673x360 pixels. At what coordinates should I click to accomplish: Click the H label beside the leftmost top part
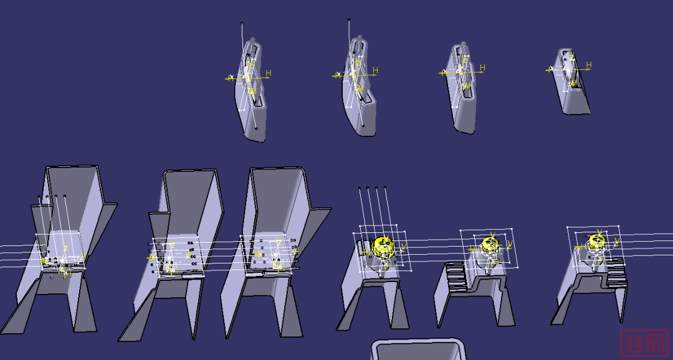pos(268,73)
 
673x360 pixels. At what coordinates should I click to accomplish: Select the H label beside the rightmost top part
pos(588,65)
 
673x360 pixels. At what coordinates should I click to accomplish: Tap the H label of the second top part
pos(375,70)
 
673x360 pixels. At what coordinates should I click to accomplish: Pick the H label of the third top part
pos(481,67)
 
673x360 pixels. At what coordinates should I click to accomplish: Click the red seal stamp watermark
pos(644,342)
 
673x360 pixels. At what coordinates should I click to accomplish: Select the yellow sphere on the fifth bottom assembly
pos(489,243)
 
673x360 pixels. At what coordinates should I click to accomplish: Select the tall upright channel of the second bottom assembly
pos(190,199)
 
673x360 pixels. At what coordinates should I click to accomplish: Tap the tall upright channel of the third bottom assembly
pos(274,199)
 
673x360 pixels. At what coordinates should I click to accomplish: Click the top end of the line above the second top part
pos(349,20)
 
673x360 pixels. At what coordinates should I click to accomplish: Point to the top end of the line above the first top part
pos(242,24)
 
